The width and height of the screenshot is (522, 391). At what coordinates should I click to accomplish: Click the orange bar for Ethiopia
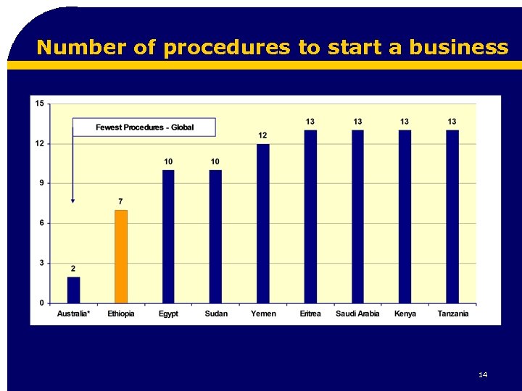coord(121,256)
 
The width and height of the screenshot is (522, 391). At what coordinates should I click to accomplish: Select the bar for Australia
coord(73,290)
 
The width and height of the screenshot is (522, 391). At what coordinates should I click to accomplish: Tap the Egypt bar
coord(168,236)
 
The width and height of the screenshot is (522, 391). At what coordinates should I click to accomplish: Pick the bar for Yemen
coord(262,223)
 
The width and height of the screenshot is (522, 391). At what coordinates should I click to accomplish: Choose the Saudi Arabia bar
coord(357,216)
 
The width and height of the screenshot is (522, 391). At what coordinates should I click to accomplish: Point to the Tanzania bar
coord(452,216)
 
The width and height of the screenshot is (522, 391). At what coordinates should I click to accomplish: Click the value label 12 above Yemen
coord(262,135)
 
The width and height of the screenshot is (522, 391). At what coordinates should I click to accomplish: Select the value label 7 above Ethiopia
coord(121,201)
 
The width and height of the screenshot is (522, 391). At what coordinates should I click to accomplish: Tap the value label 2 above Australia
coord(73,268)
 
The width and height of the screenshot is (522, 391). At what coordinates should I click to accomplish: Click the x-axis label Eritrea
coord(310,314)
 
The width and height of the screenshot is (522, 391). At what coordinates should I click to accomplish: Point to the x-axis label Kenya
coord(405,314)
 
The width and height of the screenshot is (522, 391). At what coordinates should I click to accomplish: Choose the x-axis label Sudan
coord(216,314)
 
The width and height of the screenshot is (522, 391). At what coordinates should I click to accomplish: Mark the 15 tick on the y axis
coord(39,104)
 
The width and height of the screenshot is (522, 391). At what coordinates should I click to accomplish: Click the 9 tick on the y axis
coord(41,183)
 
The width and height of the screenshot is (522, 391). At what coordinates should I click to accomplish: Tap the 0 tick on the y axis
coord(41,303)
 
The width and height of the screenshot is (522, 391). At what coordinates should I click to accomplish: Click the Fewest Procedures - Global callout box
coord(144,127)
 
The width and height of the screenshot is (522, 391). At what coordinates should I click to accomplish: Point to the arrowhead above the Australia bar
coord(72,201)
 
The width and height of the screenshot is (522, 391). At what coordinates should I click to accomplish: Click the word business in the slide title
coord(459,47)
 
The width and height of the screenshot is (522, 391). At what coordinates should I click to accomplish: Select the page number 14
coord(483,374)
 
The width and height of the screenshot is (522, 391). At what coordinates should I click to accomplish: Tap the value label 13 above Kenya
coord(405,121)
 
